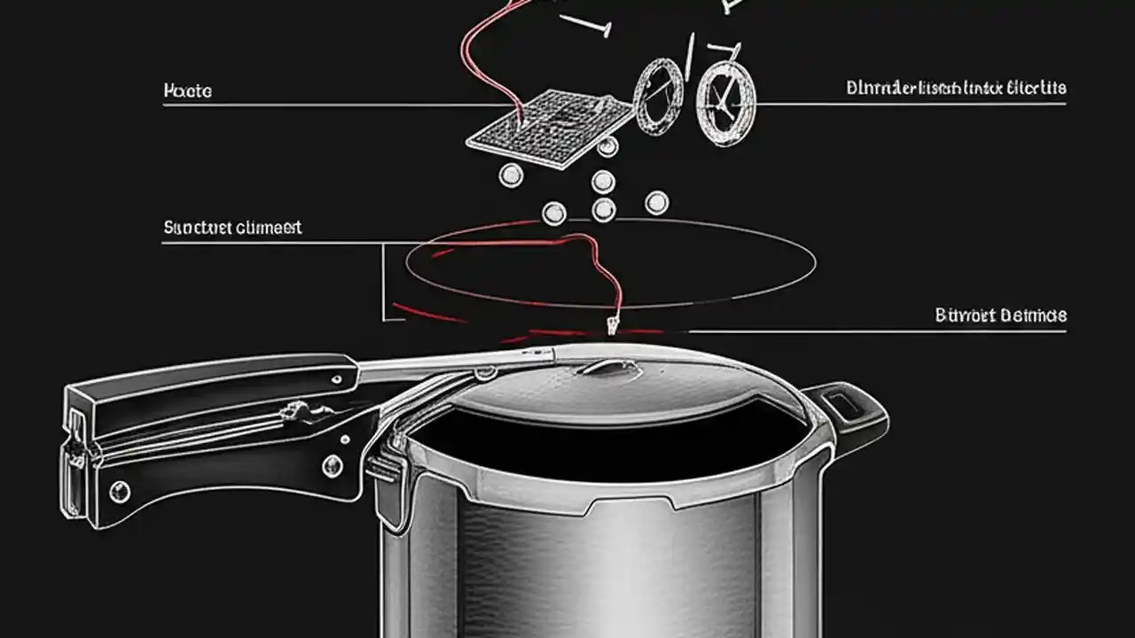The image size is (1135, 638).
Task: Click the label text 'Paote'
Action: point(188,91)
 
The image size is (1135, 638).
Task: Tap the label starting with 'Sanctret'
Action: point(232,228)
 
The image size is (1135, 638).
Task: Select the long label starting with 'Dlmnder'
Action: point(956,88)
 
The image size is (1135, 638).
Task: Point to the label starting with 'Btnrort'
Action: point(1000,315)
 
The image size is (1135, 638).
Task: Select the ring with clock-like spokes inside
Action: point(725,104)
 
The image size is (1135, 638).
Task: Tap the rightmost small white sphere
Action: point(656,203)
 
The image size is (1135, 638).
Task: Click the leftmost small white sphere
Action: point(511,175)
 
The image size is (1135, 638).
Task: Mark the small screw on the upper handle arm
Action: point(338,378)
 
